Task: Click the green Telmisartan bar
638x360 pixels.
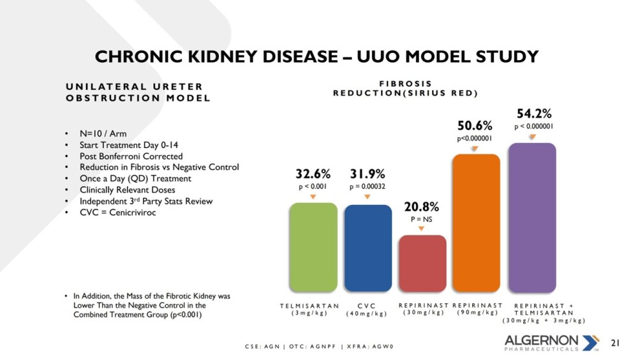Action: tap(313, 247)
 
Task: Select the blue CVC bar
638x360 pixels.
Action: tap(368, 248)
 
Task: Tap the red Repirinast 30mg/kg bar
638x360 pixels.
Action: tap(422, 264)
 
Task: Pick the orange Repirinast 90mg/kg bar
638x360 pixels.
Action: tap(476, 223)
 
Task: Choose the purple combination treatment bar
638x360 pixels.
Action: tap(532, 218)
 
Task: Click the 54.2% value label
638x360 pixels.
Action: tap(534, 113)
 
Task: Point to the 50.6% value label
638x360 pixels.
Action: tap(475, 125)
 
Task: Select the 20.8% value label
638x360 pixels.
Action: tap(422, 207)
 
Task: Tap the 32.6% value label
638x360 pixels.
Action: tap(313, 174)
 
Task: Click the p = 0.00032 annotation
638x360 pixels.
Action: tap(367, 186)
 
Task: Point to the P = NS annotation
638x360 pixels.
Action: tap(422, 220)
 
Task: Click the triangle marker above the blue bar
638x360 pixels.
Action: tap(367, 197)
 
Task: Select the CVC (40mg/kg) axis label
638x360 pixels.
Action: tap(367, 310)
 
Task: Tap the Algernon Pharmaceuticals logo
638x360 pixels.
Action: tap(552, 343)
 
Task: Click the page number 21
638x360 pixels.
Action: tap(615, 343)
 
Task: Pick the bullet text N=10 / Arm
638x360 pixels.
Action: tap(103, 133)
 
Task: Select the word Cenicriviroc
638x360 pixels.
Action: tap(133, 212)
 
